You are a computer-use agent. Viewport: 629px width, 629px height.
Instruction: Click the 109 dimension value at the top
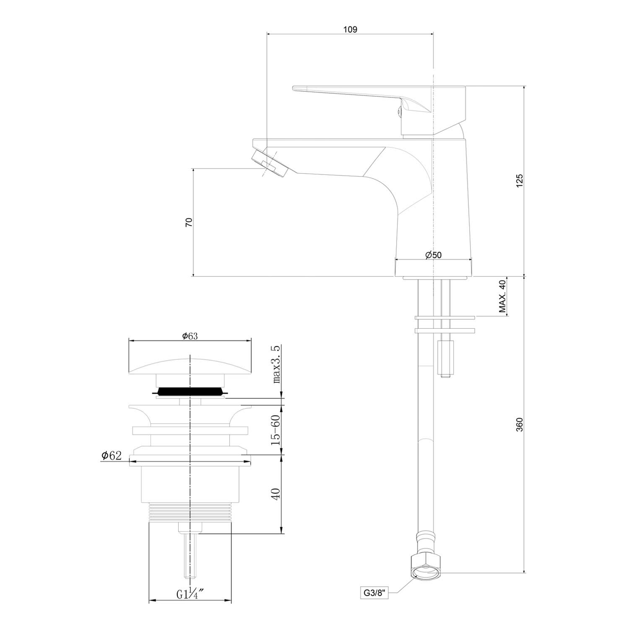pyautogui.click(x=350, y=29)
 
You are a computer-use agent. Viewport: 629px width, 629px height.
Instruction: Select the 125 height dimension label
pyautogui.click(x=520, y=181)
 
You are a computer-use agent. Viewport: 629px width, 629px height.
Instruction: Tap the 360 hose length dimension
pyautogui.click(x=520, y=425)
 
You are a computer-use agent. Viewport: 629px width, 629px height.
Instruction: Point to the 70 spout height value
pyautogui.click(x=189, y=222)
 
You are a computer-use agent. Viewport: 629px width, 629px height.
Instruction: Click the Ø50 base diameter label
pyautogui.click(x=433, y=255)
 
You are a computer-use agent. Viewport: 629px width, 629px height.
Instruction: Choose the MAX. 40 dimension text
pyautogui.click(x=502, y=296)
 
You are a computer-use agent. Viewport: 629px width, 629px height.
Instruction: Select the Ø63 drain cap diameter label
pyautogui.click(x=190, y=336)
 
